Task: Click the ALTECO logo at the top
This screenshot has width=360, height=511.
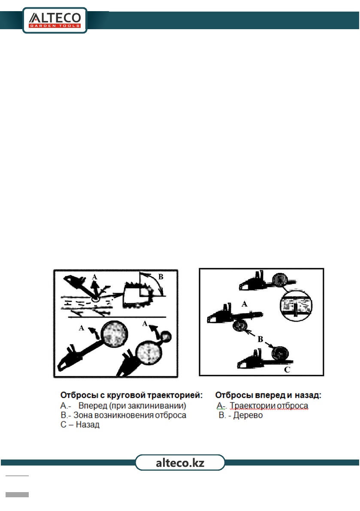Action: [x=55, y=20]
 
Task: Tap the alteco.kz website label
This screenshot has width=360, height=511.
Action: [x=180, y=463]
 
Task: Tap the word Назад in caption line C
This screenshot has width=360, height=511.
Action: [x=88, y=425]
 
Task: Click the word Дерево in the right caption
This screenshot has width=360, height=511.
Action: [x=248, y=415]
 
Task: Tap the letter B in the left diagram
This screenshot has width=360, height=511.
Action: [x=160, y=277]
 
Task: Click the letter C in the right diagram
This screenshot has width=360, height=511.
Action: [x=287, y=369]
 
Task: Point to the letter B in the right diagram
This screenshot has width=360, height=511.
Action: [x=260, y=339]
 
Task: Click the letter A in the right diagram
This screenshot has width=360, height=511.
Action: [x=244, y=304]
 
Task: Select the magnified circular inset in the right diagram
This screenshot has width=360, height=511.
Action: [x=296, y=306]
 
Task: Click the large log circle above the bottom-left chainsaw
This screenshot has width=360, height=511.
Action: [x=114, y=334]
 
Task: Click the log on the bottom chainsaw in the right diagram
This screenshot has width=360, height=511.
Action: [x=280, y=353]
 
